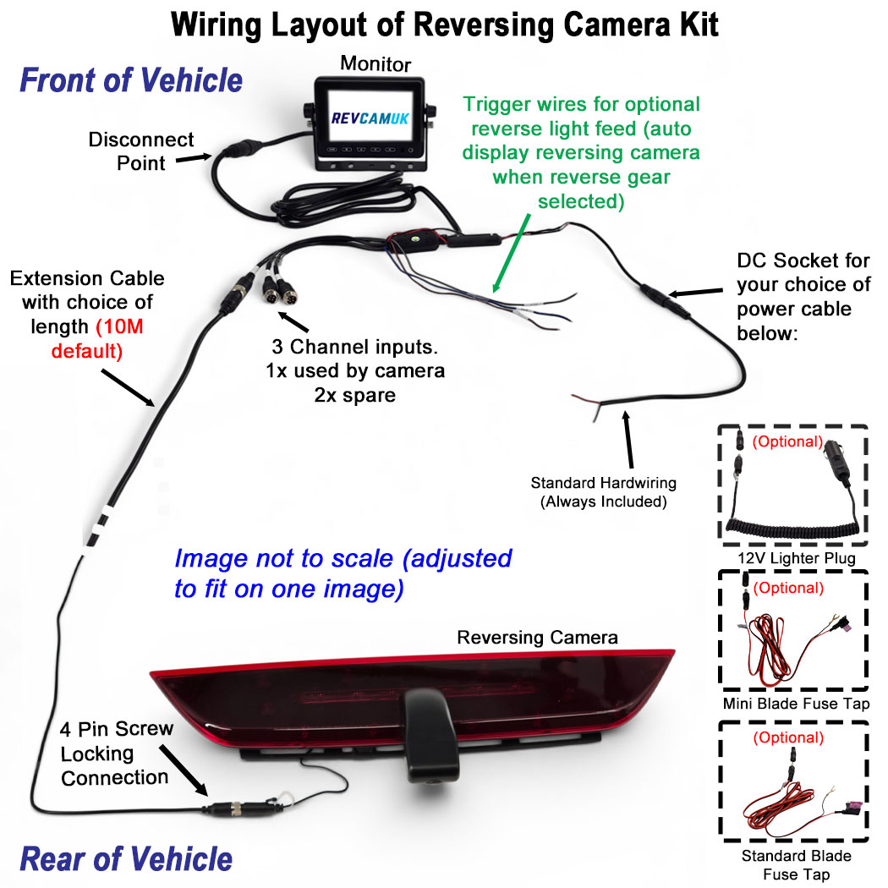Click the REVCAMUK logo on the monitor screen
point(370,118)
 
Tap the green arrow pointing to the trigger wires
point(512,253)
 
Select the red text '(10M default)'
point(96,338)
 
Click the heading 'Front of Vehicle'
point(131,79)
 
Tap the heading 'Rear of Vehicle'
point(126,858)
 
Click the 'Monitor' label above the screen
point(375,63)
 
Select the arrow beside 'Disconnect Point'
point(194,158)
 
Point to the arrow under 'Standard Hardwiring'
point(628,440)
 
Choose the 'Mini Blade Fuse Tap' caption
point(796,704)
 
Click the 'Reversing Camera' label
point(537,637)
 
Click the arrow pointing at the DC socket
point(695,293)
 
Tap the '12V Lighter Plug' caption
point(796,558)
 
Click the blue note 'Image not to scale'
point(343,573)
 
